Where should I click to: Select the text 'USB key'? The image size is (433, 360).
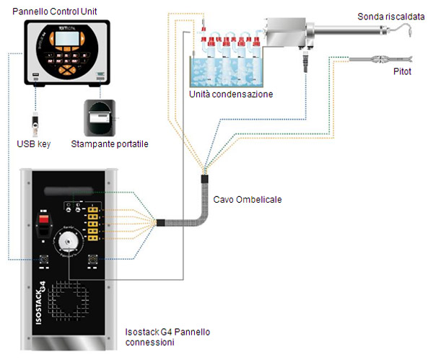(33, 144)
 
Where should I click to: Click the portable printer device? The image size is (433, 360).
(99, 115)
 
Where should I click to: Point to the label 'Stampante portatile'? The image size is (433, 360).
(110, 144)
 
